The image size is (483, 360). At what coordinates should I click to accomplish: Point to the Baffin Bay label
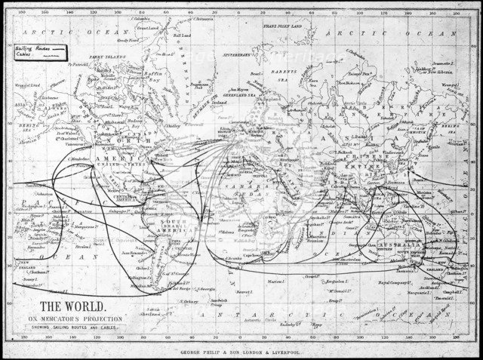click(x=155, y=73)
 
